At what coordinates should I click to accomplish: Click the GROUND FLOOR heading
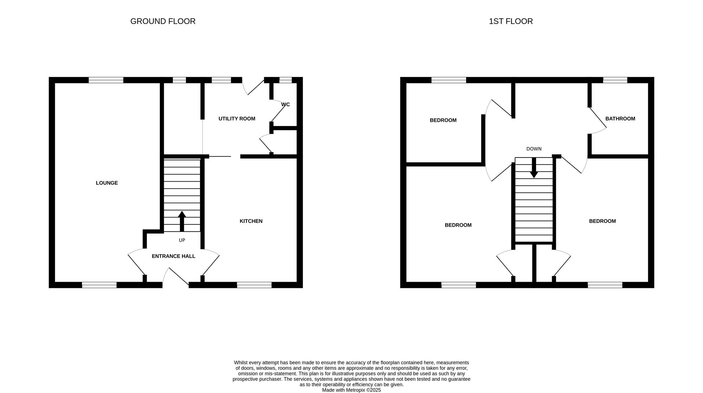163,21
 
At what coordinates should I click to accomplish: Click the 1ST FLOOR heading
510,21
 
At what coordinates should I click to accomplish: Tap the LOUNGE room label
107,183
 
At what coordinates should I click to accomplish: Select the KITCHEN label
251,221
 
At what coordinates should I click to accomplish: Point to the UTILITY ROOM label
237,119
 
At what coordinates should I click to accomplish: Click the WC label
286,104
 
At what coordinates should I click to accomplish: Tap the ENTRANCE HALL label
173,256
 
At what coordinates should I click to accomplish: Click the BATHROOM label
620,119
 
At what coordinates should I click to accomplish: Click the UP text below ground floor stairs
182,240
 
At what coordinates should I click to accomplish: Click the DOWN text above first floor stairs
533,149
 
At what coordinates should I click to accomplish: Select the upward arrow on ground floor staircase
182,220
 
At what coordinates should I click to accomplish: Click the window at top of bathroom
615,80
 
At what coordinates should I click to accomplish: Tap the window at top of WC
285,80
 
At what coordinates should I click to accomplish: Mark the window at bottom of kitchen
254,285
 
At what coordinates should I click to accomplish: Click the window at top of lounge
106,80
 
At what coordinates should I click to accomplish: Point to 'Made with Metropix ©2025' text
351,390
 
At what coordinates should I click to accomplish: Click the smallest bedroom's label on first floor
443,120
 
